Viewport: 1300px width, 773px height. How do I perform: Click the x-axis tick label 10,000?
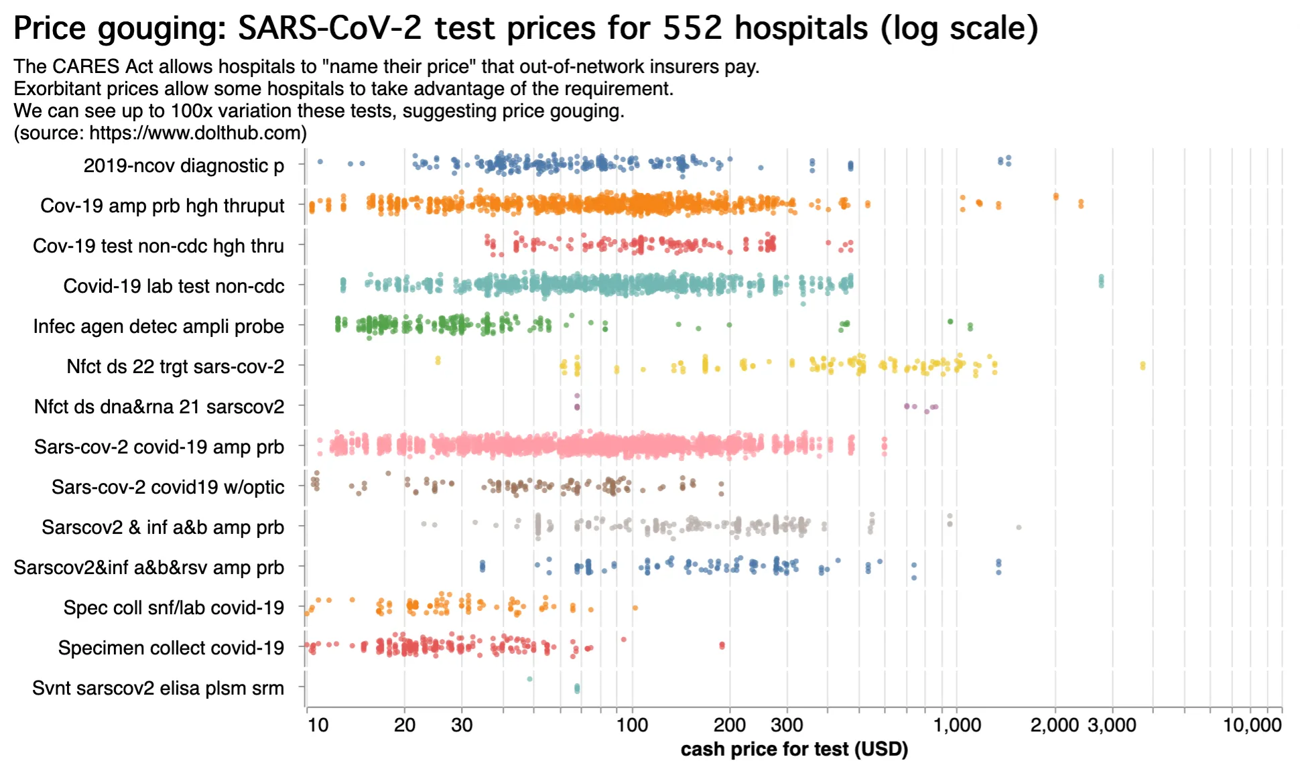click(x=1252, y=725)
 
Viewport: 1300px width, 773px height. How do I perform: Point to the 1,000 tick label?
click(x=957, y=725)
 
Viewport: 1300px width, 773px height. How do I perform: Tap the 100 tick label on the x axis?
click(x=632, y=725)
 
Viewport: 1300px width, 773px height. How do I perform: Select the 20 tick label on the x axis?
click(x=404, y=725)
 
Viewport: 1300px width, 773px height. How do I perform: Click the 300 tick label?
click(x=787, y=725)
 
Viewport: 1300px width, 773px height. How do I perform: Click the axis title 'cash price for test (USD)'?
click(x=794, y=749)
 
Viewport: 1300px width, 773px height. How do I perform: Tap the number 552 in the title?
click(x=694, y=28)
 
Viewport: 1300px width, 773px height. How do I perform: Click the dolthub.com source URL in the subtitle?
click(x=198, y=133)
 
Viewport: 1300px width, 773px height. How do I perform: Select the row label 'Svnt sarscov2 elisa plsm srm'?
click(x=158, y=688)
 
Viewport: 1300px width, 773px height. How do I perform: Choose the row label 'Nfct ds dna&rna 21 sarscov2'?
click(x=159, y=407)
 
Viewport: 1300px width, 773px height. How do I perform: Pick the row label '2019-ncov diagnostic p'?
click(x=184, y=165)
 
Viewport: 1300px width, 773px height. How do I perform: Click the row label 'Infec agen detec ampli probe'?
click(x=159, y=326)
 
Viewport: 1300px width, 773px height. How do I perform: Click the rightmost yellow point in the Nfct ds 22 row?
click(x=1143, y=366)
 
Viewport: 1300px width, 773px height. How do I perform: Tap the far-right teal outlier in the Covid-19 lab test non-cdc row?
click(x=1101, y=281)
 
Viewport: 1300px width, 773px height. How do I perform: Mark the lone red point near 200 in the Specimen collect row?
click(x=722, y=646)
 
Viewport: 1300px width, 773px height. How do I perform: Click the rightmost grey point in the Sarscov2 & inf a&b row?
click(x=1019, y=528)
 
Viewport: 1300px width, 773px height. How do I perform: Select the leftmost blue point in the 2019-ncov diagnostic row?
click(x=320, y=161)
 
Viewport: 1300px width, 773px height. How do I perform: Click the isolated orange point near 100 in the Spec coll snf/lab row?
click(x=635, y=608)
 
